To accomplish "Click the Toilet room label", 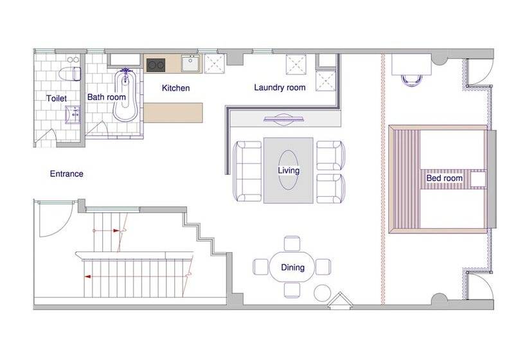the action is click(57, 98).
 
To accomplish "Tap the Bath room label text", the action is click(106, 97).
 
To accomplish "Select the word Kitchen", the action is click(176, 87).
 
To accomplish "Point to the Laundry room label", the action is click(280, 87).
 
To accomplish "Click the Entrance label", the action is click(67, 174).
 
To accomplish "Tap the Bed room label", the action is click(444, 178).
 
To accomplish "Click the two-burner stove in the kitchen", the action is click(156, 65).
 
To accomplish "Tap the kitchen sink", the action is click(191, 63).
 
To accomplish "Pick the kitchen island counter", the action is click(174, 113).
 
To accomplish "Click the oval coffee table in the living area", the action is click(289, 170).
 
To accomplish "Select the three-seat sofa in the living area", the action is click(248, 171).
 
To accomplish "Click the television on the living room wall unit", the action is click(284, 120).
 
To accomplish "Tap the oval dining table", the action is click(292, 267).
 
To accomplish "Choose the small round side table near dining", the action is click(323, 293).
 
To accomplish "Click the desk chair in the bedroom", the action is click(411, 80).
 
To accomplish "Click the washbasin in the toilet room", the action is click(73, 114).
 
